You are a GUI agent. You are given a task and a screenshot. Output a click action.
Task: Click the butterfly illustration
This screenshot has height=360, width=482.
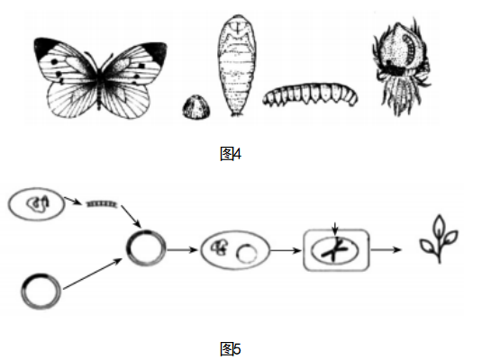[x=100, y=78]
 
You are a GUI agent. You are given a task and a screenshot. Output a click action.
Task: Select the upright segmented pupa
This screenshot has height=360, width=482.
[x=237, y=65]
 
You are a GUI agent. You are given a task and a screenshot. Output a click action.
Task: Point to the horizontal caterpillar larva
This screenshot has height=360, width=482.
[x=310, y=94]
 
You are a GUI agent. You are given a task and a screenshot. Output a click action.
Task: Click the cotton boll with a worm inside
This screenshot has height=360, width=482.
[x=401, y=66]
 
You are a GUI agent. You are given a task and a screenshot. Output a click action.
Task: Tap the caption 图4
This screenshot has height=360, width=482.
[x=231, y=154]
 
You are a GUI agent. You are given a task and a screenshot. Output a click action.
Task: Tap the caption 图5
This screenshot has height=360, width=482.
[x=231, y=349]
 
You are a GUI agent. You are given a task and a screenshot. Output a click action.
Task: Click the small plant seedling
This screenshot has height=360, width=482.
[x=439, y=239]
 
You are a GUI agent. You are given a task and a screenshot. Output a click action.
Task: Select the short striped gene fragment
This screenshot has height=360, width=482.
[x=102, y=203]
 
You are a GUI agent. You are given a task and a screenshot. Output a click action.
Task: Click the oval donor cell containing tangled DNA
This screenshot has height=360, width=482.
[x=36, y=204]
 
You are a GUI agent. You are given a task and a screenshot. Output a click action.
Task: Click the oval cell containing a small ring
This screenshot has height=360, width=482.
[x=235, y=250]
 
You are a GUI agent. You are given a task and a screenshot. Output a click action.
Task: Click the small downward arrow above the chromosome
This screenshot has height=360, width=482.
[x=335, y=229]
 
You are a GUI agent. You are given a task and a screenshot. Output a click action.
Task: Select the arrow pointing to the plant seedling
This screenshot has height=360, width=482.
[x=387, y=249]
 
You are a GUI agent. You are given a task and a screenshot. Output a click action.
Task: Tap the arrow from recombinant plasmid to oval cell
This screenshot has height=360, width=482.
[x=182, y=249]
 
